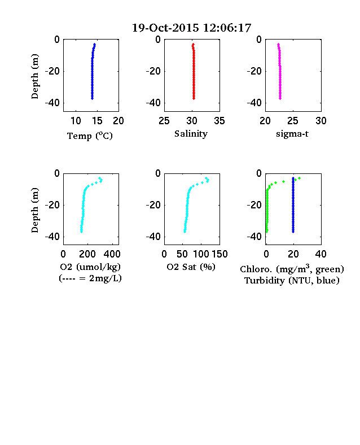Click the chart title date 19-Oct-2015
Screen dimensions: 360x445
click(165, 28)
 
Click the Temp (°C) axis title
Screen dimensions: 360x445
click(90, 136)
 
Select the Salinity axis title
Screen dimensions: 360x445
click(191, 134)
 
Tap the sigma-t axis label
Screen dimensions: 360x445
click(292, 134)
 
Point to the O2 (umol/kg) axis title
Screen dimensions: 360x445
click(90, 267)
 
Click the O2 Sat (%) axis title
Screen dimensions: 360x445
click(191, 267)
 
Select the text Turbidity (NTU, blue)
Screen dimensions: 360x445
click(292, 281)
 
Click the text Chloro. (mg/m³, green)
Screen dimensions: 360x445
click(292, 269)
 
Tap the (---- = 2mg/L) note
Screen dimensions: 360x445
click(90, 278)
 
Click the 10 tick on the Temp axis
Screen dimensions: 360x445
click(76, 121)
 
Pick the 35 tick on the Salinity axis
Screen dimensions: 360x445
click(219, 121)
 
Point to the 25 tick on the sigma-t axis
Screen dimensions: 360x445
click(293, 121)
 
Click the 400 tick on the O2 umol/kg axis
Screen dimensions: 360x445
click(112, 254)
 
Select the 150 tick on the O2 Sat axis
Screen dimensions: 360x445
click(219, 254)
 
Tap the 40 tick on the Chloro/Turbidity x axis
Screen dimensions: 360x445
click(321, 254)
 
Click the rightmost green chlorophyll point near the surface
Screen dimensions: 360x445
click(299, 178)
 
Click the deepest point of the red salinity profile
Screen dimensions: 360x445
click(194, 98)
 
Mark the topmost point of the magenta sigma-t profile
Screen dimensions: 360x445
click(278, 44)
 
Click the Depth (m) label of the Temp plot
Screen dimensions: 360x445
click(34, 76)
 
